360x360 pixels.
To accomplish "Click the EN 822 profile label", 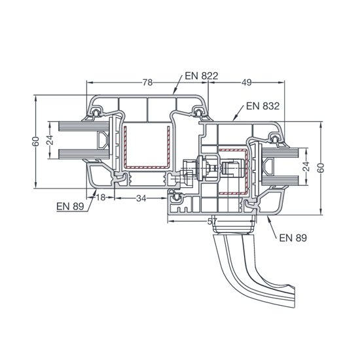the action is pyautogui.click(x=202, y=76).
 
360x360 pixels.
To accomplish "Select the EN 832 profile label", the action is pyautogui.click(x=263, y=106).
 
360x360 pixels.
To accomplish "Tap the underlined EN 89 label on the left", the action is pyautogui.click(x=70, y=206).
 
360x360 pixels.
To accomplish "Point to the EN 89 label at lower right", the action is pyautogui.click(x=293, y=238).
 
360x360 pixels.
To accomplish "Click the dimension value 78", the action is pyautogui.click(x=147, y=82).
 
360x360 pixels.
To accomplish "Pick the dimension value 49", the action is pyautogui.click(x=247, y=82).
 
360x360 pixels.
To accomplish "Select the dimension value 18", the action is pyautogui.click(x=101, y=197).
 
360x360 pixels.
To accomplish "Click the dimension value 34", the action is pyautogui.click(x=141, y=198).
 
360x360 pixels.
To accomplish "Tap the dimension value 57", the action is pyautogui.click(x=212, y=221).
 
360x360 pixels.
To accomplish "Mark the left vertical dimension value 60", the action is pyautogui.click(x=36, y=141).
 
